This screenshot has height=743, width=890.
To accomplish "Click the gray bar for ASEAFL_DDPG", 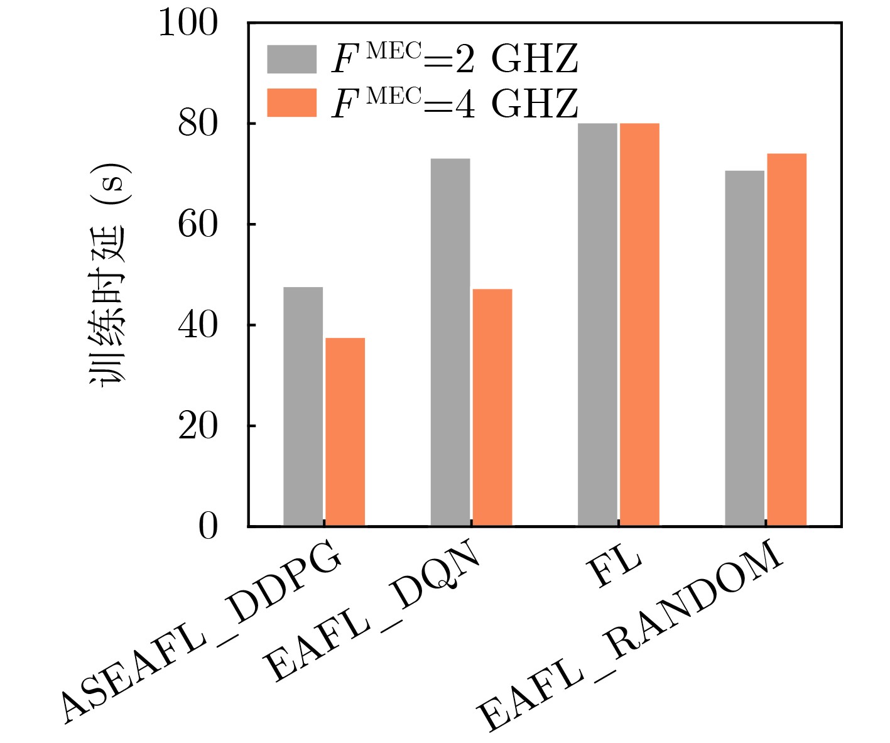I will pos(303,406).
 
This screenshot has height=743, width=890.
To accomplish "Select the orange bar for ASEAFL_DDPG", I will pos(345,431).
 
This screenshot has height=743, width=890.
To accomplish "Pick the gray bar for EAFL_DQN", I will pos(450,342).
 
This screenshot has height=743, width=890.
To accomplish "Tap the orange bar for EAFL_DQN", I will pos(492,407).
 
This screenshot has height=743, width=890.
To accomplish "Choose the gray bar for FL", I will pos(597,325).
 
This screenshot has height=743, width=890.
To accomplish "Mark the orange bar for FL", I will pos(639,325).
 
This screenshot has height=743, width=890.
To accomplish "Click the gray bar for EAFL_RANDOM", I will pos(744,348).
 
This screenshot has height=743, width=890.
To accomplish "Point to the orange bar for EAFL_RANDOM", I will pos(786,340).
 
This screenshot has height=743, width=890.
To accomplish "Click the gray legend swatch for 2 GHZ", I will pos(291,59).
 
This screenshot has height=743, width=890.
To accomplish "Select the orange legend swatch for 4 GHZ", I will pos(291,103).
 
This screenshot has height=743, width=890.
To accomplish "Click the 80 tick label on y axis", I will pos(198,124).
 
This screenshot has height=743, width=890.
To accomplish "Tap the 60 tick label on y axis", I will pos(198,225).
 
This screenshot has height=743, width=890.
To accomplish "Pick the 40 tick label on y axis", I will pos(198,325).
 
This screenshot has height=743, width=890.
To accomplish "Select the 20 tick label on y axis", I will pos(198,426).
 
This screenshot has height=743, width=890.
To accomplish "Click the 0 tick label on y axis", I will pos(208,527).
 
